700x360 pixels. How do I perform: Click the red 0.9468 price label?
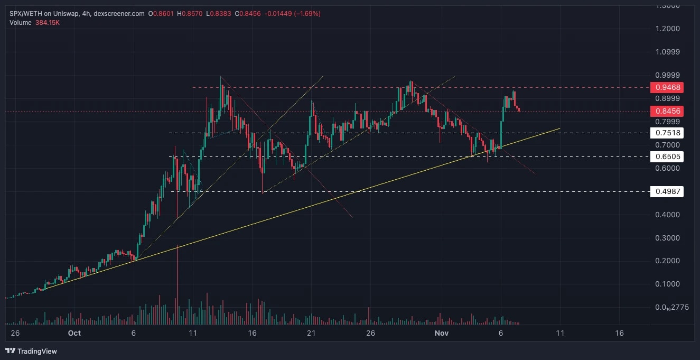tap(667, 87)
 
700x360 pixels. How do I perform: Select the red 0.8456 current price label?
tap(667, 111)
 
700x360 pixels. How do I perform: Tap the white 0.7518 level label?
tap(667, 133)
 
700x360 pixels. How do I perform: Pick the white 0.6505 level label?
tap(667, 156)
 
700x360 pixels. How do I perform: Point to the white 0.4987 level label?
tap(667, 191)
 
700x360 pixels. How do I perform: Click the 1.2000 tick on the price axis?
tap(667, 29)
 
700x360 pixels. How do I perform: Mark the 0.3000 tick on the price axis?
tap(667, 238)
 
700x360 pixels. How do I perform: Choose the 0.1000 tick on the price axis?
tap(667, 284)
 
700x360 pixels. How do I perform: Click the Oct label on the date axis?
tap(74, 333)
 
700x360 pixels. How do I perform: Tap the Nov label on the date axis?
tap(441, 333)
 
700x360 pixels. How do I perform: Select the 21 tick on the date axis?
tap(311, 333)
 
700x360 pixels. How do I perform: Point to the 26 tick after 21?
tap(370, 333)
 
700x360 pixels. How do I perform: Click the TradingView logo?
tap(31, 351)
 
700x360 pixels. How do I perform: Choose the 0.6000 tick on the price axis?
tap(667, 168)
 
